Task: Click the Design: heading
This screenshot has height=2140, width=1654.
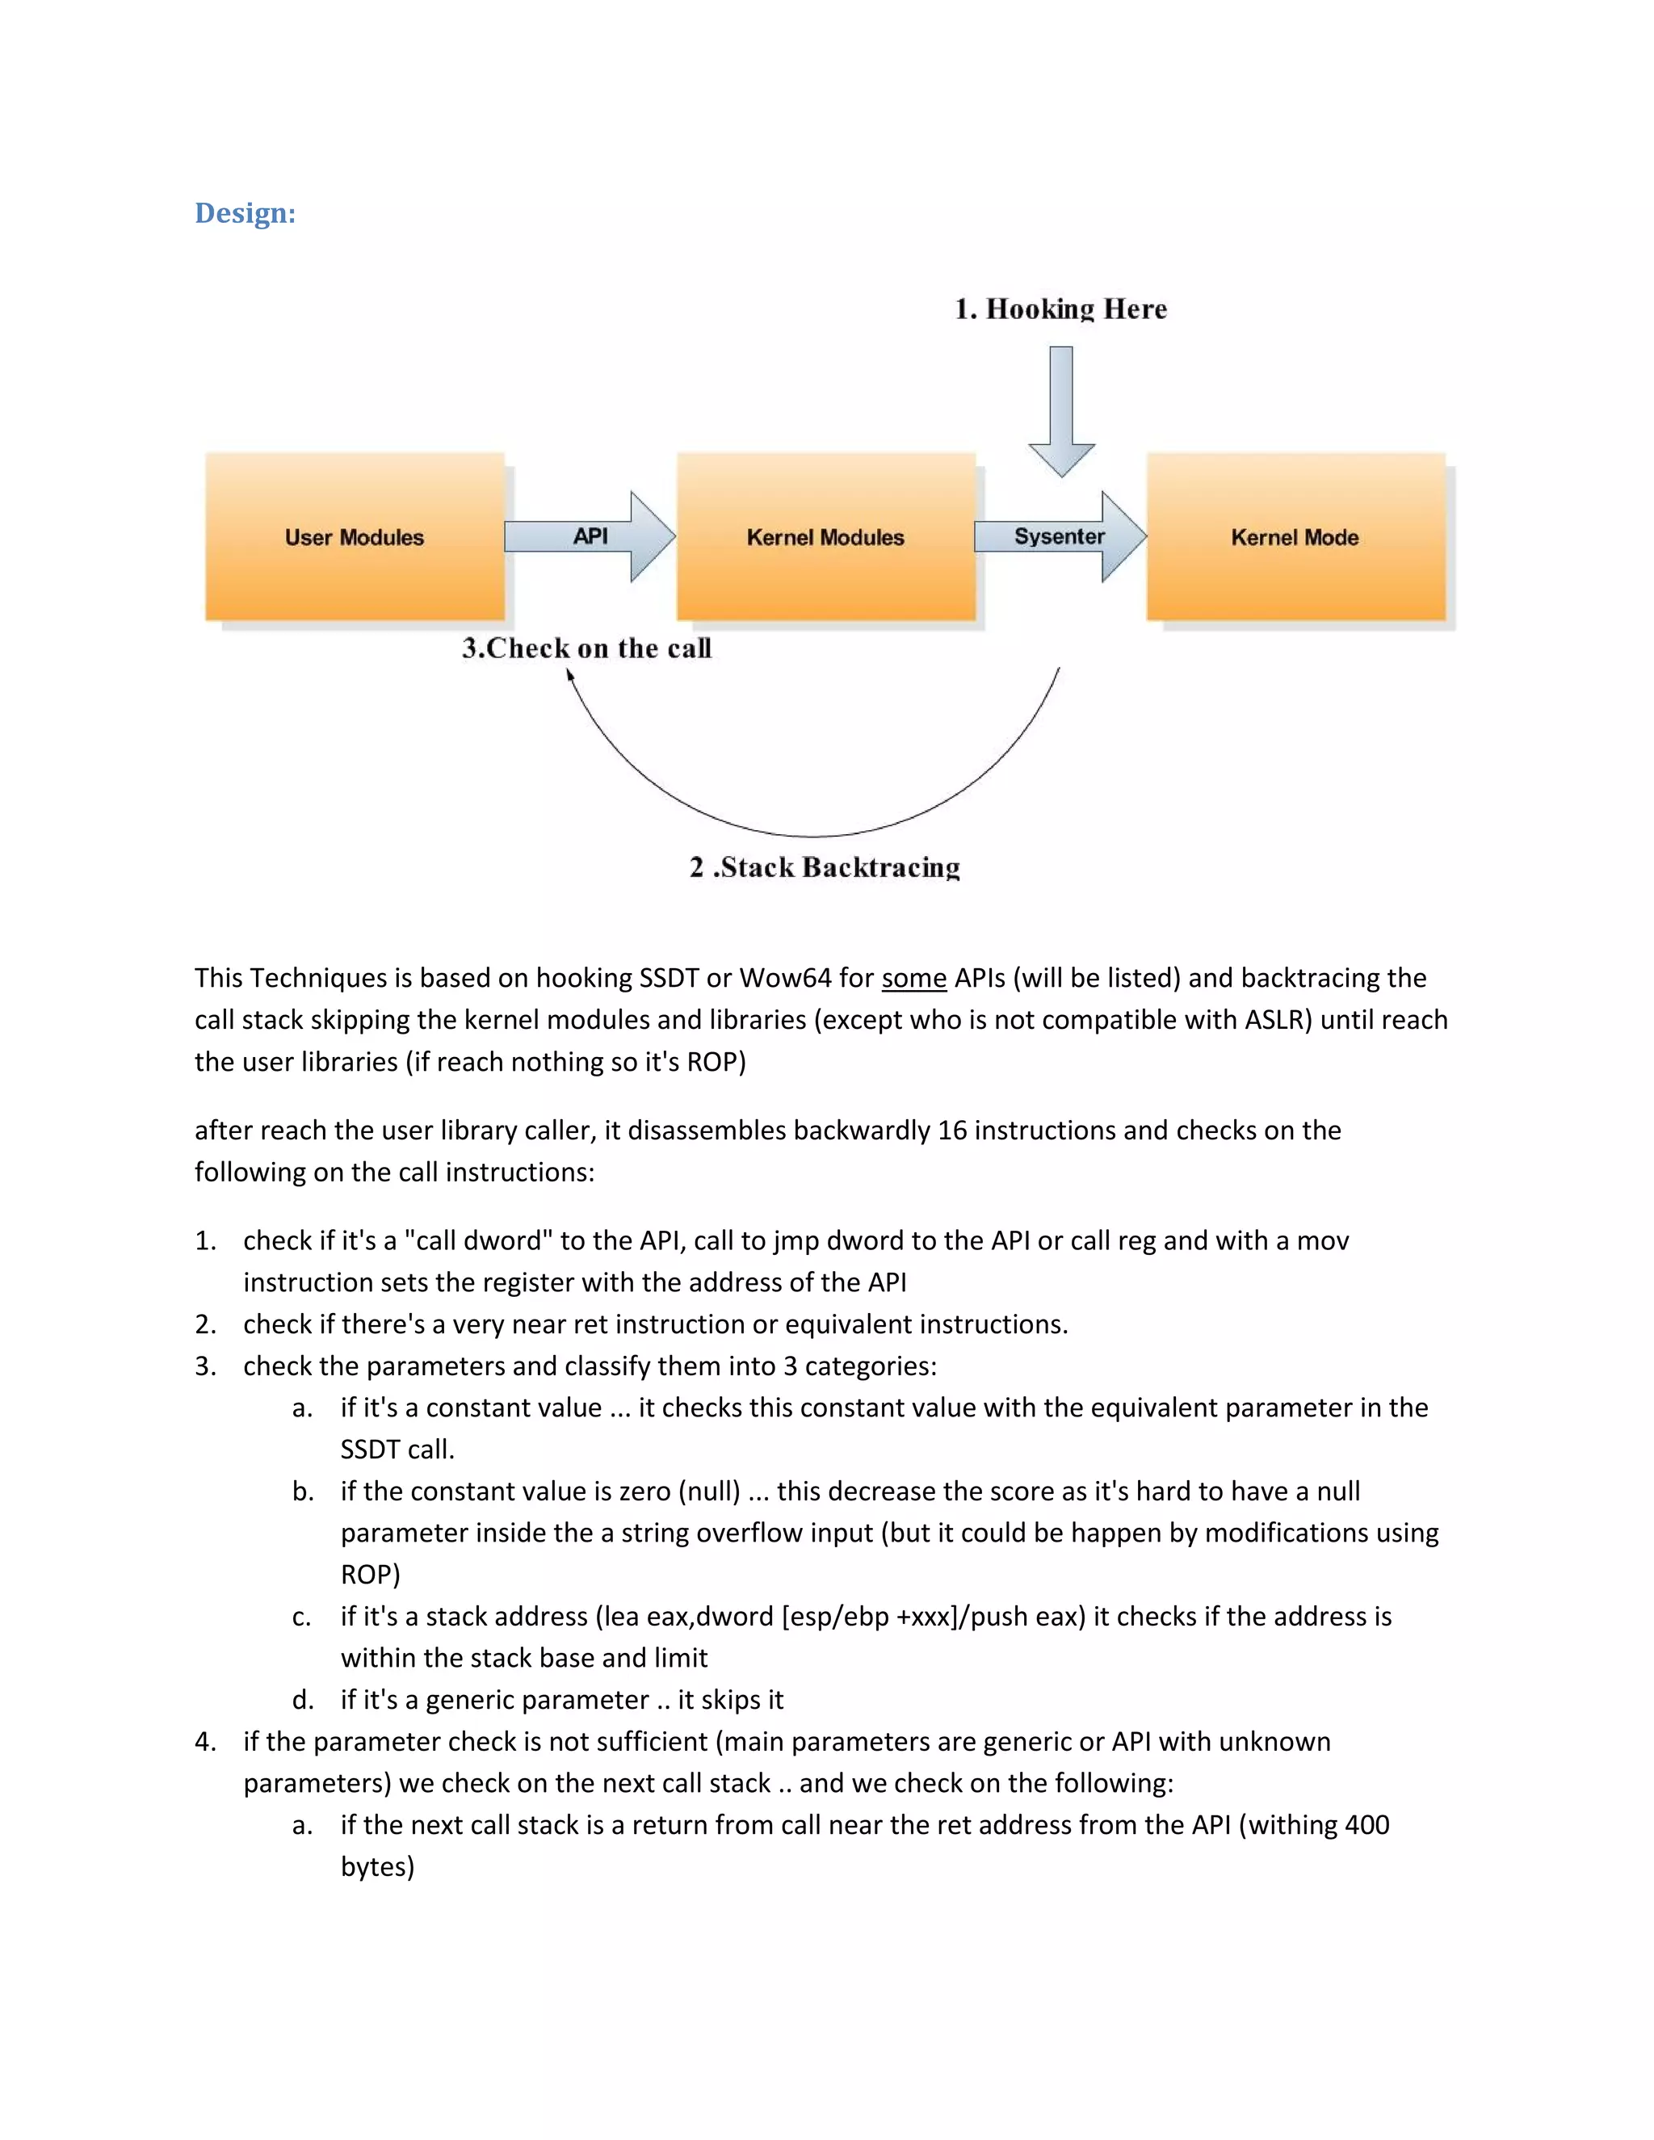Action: coord(245,212)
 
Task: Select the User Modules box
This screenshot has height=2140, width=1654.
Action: coord(355,537)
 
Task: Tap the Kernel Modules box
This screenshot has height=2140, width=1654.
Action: coord(825,537)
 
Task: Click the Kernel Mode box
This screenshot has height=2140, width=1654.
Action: coord(1295,537)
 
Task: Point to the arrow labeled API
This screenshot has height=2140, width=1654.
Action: coord(590,536)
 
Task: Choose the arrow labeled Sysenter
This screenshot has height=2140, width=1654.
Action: coord(1060,536)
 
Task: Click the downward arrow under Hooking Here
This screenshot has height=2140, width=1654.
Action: coord(1061,412)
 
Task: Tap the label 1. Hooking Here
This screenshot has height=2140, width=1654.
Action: coord(1061,309)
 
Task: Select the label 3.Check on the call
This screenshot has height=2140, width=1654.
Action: coord(586,648)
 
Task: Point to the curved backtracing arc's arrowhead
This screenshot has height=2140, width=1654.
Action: coord(569,675)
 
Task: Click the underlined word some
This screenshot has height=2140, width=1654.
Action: coord(913,978)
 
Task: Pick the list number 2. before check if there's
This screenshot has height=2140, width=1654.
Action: coord(205,1324)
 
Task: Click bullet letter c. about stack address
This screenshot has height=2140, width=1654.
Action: coord(302,1616)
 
